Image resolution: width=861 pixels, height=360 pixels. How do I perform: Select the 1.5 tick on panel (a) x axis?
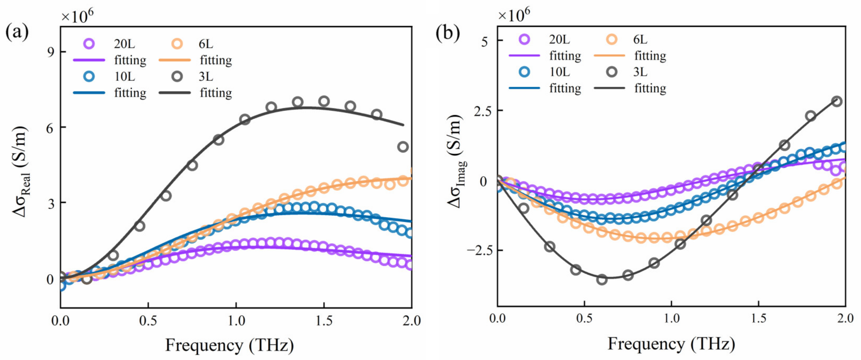(x=324, y=321)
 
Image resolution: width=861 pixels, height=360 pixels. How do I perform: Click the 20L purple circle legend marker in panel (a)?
(x=89, y=44)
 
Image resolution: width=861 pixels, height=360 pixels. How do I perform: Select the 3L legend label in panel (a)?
(x=206, y=77)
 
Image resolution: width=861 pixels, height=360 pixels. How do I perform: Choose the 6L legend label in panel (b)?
(x=640, y=39)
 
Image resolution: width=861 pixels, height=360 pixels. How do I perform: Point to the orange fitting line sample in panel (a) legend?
(x=175, y=60)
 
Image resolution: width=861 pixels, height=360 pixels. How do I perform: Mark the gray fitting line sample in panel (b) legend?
(x=609, y=88)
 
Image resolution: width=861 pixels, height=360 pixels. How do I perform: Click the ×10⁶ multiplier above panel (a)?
(x=77, y=16)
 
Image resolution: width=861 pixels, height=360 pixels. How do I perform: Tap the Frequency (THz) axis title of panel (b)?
(x=671, y=344)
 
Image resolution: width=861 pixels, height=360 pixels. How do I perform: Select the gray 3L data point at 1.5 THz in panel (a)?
(x=324, y=101)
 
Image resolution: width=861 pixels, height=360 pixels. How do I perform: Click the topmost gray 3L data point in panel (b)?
(x=837, y=101)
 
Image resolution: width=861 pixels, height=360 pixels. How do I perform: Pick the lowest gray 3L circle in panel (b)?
(x=602, y=279)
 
